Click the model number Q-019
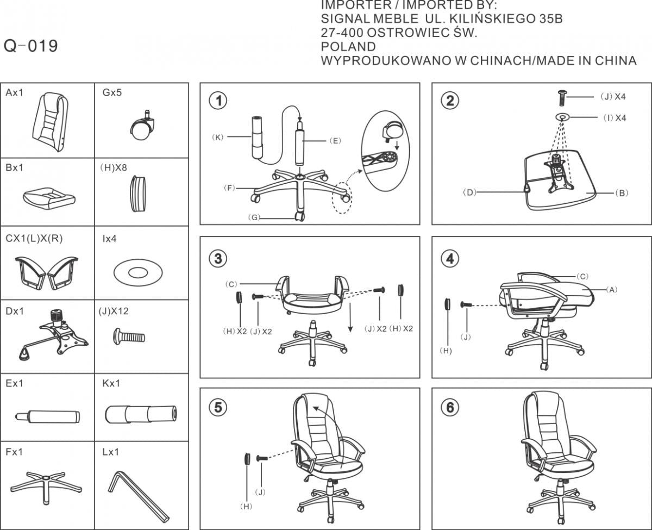(31, 46)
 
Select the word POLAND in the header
(348, 47)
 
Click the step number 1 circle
(218, 101)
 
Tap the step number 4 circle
(449, 259)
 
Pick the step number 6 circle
(449, 408)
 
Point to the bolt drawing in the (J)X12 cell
(129, 336)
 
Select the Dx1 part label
(15, 311)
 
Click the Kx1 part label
(111, 384)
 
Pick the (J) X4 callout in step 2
(613, 97)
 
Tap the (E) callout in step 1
(335, 141)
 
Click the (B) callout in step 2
(622, 192)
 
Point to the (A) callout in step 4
(612, 290)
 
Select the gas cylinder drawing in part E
(48, 417)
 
